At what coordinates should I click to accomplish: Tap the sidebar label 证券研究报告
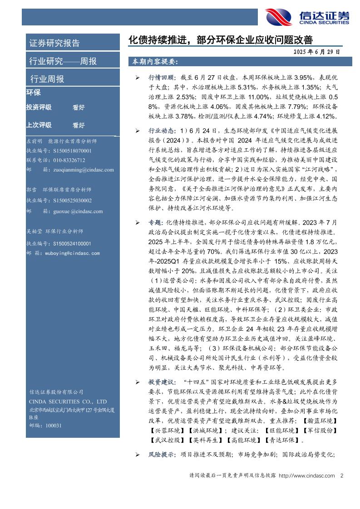coord(54,44)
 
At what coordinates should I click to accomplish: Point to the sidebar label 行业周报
coord(47,79)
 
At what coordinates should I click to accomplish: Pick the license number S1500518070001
coord(72,151)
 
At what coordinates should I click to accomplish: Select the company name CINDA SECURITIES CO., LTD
coord(68,401)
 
